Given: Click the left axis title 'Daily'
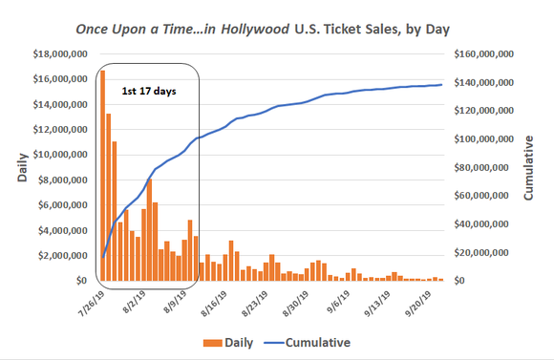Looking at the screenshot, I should click(x=22, y=166).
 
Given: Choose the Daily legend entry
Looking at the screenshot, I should click(x=229, y=342).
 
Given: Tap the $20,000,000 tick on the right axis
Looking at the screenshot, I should click(x=490, y=253).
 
